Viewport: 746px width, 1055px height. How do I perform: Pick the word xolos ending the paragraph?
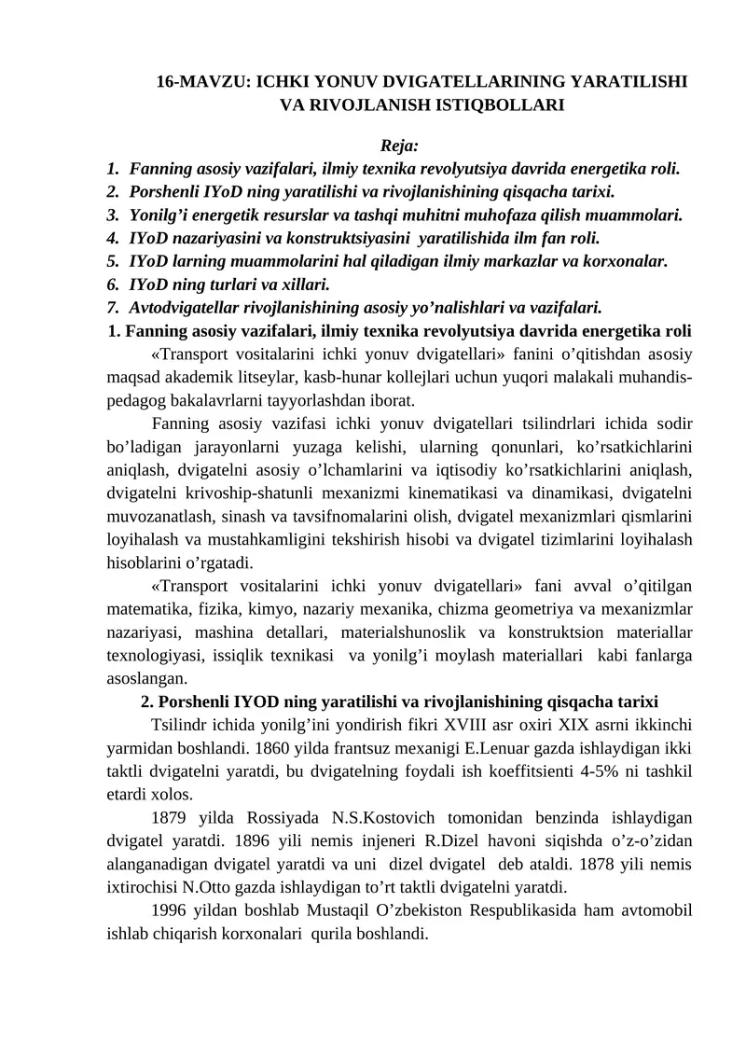(x=172, y=795)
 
